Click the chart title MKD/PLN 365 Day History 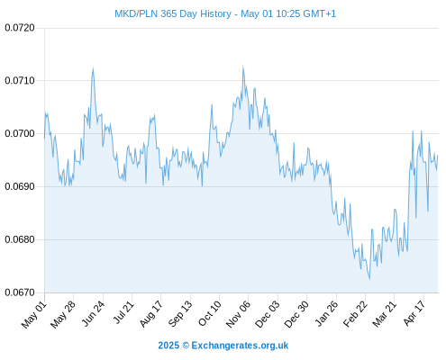pos(173,13)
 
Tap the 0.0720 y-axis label pos(20,28)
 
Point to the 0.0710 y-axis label pos(20,80)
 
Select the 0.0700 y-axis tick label pos(20,133)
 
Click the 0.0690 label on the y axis pos(20,186)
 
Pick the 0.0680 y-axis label pos(20,239)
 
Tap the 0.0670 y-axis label pos(20,292)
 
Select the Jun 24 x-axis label pos(93,313)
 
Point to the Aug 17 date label pos(151,314)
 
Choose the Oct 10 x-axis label pos(210,313)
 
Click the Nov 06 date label pos(238,314)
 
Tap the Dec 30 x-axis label pos(296,314)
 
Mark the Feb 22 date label pos(355,314)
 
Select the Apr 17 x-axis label pos(414,313)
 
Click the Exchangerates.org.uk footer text pos(240,346)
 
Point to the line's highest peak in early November pos(243,67)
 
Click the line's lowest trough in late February pos(369,279)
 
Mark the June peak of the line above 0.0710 pos(93,68)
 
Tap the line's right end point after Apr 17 pos(438,156)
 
